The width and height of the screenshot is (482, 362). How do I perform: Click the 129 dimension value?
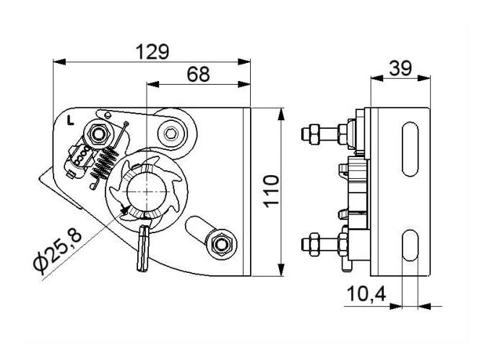(152, 51)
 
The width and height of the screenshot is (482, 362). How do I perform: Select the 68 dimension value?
(198, 75)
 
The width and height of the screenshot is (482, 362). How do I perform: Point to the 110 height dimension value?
(272, 191)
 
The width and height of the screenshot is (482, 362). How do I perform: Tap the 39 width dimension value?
(400, 68)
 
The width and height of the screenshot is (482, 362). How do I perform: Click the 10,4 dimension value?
(366, 294)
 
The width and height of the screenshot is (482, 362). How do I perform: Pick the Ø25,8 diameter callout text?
(58, 252)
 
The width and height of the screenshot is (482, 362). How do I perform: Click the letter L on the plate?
(71, 120)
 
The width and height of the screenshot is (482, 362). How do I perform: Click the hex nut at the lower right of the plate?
(220, 244)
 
